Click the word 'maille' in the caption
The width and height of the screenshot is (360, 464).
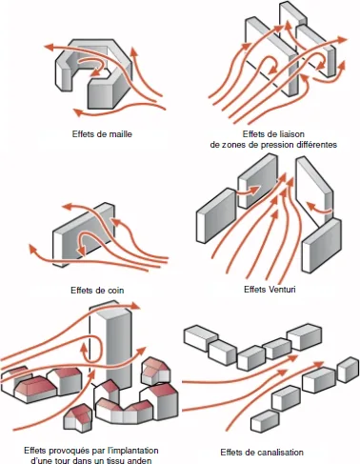coord(120,133)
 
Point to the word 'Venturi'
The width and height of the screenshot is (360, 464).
coord(281,290)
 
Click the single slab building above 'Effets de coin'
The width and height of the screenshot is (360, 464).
coord(83,233)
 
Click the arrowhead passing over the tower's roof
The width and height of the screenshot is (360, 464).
coord(135,306)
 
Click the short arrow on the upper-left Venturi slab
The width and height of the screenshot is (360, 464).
coord(249,192)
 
